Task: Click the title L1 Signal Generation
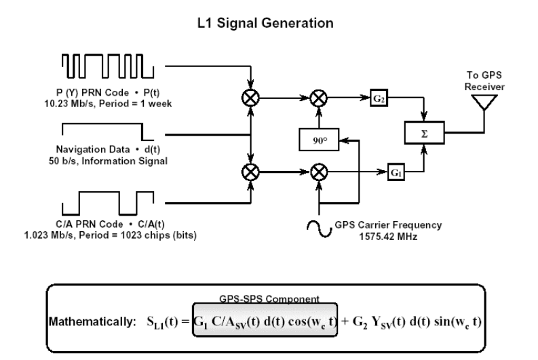tap(269, 24)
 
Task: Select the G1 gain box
tap(396, 172)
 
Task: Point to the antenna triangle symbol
tap(486, 102)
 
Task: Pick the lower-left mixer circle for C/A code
tap(251, 172)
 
